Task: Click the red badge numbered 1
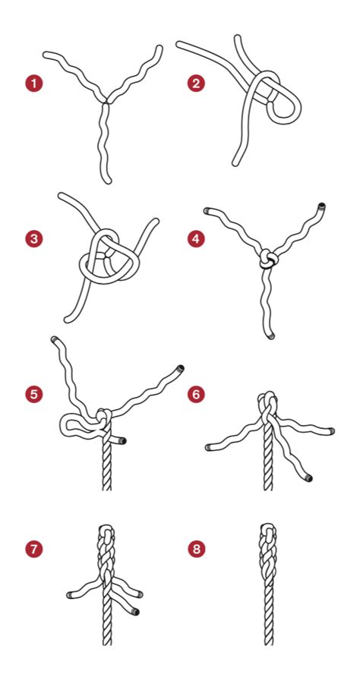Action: click(x=33, y=84)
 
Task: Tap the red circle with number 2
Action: click(x=196, y=84)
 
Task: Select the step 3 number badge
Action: click(x=33, y=239)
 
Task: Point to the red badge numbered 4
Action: click(x=196, y=239)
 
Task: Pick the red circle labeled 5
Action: click(x=33, y=394)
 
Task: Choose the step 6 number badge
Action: click(x=196, y=394)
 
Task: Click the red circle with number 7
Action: click(x=33, y=549)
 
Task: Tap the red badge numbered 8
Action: click(x=196, y=549)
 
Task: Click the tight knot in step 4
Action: click(x=267, y=259)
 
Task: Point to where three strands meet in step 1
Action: click(x=106, y=102)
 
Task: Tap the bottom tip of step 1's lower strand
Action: click(x=108, y=181)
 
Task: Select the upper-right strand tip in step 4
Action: click(x=322, y=206)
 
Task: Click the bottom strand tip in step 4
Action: click(x=271, y=336)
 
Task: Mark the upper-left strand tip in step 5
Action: click(x=54, y=339)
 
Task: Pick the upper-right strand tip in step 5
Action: click(x=180, y=368)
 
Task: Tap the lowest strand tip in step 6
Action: click(x=308, y=478)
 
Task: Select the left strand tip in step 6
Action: click(x=208, y=447)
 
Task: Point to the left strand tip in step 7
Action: click(x=69, y=595)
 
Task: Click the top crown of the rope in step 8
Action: click(x=268, y=527)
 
